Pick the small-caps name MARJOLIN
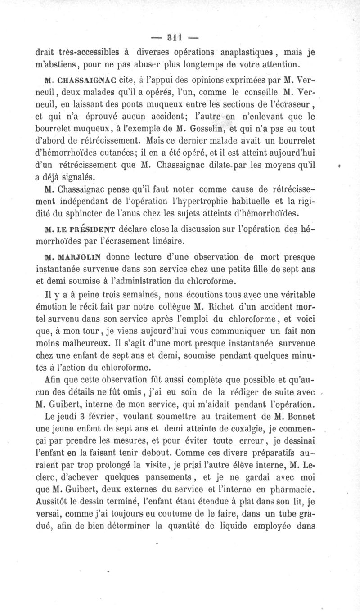tap(80, 258)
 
